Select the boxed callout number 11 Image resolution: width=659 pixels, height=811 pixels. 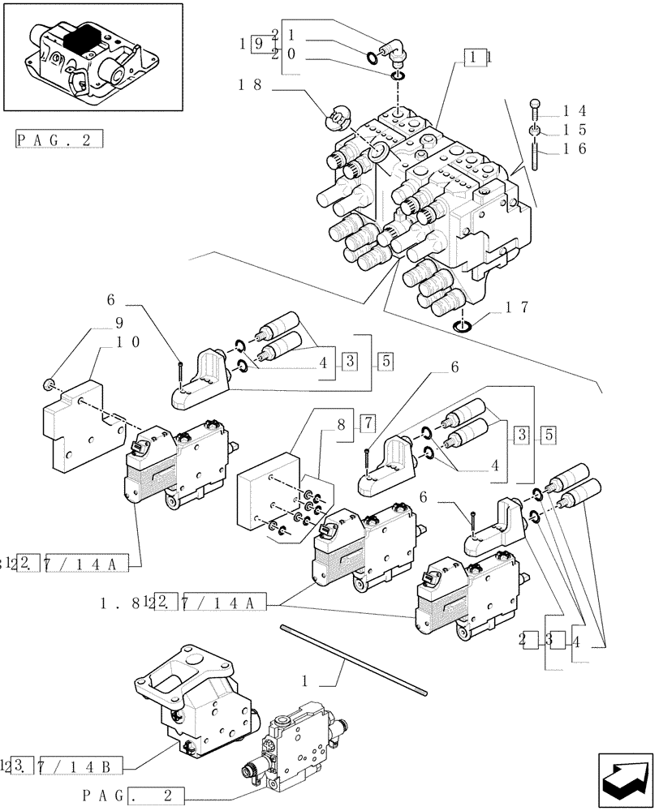click(476, 56)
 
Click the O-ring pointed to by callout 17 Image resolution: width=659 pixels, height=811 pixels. click(462, 326)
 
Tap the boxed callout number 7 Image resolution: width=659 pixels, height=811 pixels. click(366, 423)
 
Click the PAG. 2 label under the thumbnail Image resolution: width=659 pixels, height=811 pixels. click(59, 139)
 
